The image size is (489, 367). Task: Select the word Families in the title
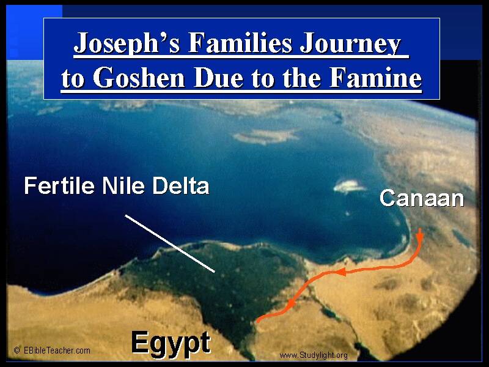240,42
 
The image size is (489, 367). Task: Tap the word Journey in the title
350,43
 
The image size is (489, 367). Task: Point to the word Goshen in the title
139,78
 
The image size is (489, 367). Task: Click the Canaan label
422,198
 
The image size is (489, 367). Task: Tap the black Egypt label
171,343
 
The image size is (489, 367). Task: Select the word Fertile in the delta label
59,185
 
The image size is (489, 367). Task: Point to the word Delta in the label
180,185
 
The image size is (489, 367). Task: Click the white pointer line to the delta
170,243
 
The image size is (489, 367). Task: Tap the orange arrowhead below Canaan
420,236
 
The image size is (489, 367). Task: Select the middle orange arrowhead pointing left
342,272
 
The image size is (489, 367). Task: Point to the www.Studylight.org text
314,355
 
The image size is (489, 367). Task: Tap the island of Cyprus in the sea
265,136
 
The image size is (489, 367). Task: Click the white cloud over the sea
348,187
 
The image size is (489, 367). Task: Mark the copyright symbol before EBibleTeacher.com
17,350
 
